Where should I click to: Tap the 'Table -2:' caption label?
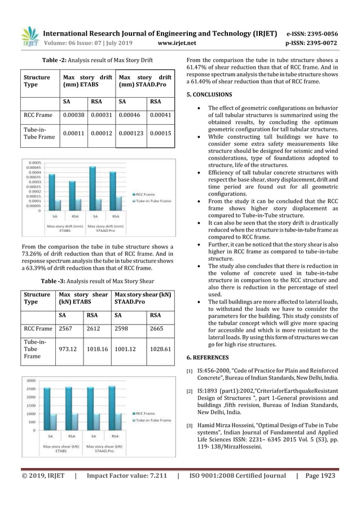click(55, 61)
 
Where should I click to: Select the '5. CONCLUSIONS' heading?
click(209, 94)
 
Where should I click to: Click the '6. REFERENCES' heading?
click(208, 357)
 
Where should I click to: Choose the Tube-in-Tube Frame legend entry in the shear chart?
click(151, 420)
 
